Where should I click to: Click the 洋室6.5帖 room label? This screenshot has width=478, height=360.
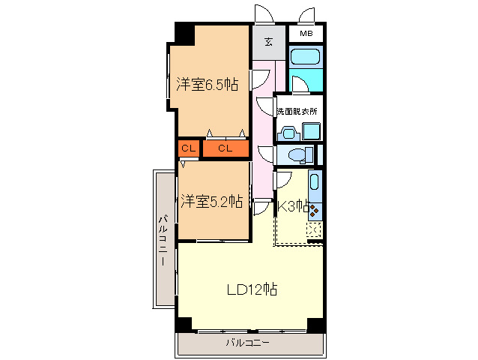(x=208, y=84)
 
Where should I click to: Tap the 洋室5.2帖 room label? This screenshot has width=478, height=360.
(x=212, y=201)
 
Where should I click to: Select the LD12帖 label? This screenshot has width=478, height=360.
(x=252, y=289)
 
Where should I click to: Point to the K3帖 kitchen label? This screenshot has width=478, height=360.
(x=293, y=206)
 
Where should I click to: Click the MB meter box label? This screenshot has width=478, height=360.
(x=306, y=34)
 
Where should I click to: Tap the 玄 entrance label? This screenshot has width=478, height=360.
(x=268, y=41)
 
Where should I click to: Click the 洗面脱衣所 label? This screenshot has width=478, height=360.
(x=297, y=111)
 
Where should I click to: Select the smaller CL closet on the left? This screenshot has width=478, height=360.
(x=188, y=148)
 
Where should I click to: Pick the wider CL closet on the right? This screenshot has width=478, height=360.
(x=226, y=148)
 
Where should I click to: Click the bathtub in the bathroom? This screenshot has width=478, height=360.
(x=305, y=56)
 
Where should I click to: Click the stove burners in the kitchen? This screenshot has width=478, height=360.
(x=315, y=210)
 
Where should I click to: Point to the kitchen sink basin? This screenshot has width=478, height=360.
(x=315, y=182)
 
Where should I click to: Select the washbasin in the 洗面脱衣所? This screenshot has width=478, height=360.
(x=288, y=133)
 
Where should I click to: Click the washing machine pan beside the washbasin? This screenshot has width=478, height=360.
(x=311, y=131)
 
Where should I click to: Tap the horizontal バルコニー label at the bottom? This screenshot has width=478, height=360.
(x=247, y=343)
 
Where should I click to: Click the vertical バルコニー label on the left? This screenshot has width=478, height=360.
(x=163, y=240)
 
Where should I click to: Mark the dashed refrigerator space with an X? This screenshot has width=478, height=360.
(x=314, y=230)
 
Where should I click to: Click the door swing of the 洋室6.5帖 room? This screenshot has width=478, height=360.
(x=260, y=79)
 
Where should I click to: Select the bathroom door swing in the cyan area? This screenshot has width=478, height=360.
(x=300, y=84)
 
